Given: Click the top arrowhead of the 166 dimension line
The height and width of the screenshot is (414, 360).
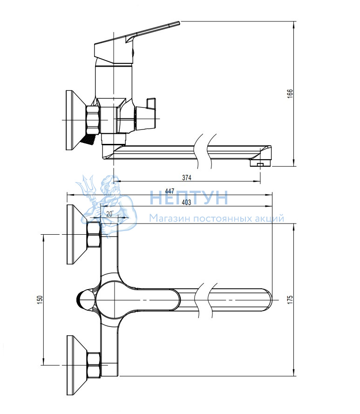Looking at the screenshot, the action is [294, 24].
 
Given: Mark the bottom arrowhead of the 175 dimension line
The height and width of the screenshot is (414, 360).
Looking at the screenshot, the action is [294, 372].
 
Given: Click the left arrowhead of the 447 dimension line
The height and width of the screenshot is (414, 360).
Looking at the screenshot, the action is [70, 195].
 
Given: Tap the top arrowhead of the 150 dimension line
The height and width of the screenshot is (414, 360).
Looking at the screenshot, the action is [43, 238].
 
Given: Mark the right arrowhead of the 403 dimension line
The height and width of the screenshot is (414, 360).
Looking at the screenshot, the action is [269, 206].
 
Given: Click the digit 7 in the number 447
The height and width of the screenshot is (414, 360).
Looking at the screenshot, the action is [172, 190].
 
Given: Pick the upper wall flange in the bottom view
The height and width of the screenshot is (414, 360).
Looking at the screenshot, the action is [77, 234].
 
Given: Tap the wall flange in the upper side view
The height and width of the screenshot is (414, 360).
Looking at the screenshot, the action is [75, 121].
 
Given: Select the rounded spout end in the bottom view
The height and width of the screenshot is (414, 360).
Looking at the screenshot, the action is [267, 300].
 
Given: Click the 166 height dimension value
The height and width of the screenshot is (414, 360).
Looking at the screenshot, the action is [290, 94].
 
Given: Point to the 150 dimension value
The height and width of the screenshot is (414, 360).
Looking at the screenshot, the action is [40, 299].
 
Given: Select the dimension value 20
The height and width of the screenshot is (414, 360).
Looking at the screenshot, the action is [109, 214].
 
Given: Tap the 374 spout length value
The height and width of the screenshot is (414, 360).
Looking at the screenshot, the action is [186, 178].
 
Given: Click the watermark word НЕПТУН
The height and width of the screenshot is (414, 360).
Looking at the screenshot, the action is [189, 198].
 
